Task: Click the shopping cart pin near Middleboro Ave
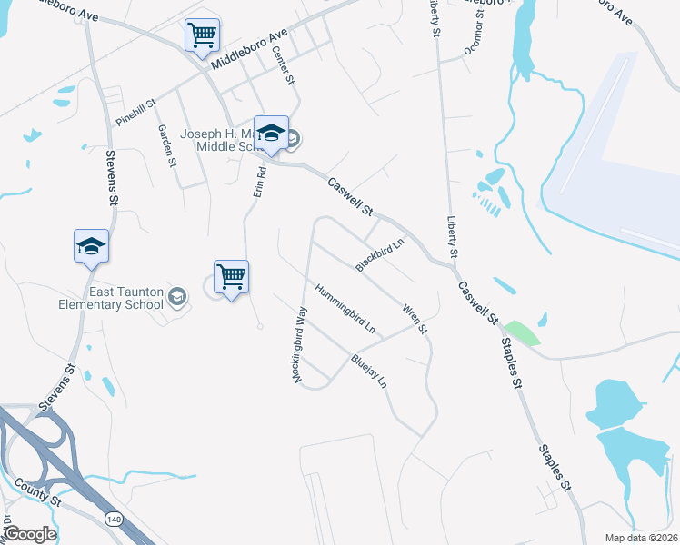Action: [x=202, y=35]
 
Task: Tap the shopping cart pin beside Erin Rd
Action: [x=231, y=276]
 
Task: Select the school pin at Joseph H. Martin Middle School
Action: [x=271, y=133]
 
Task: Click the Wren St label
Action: [x=415, y=318]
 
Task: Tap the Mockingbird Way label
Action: [x=300, y=344]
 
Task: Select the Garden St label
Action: [x=165, y=146]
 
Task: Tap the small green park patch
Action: [x=522, y=332]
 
